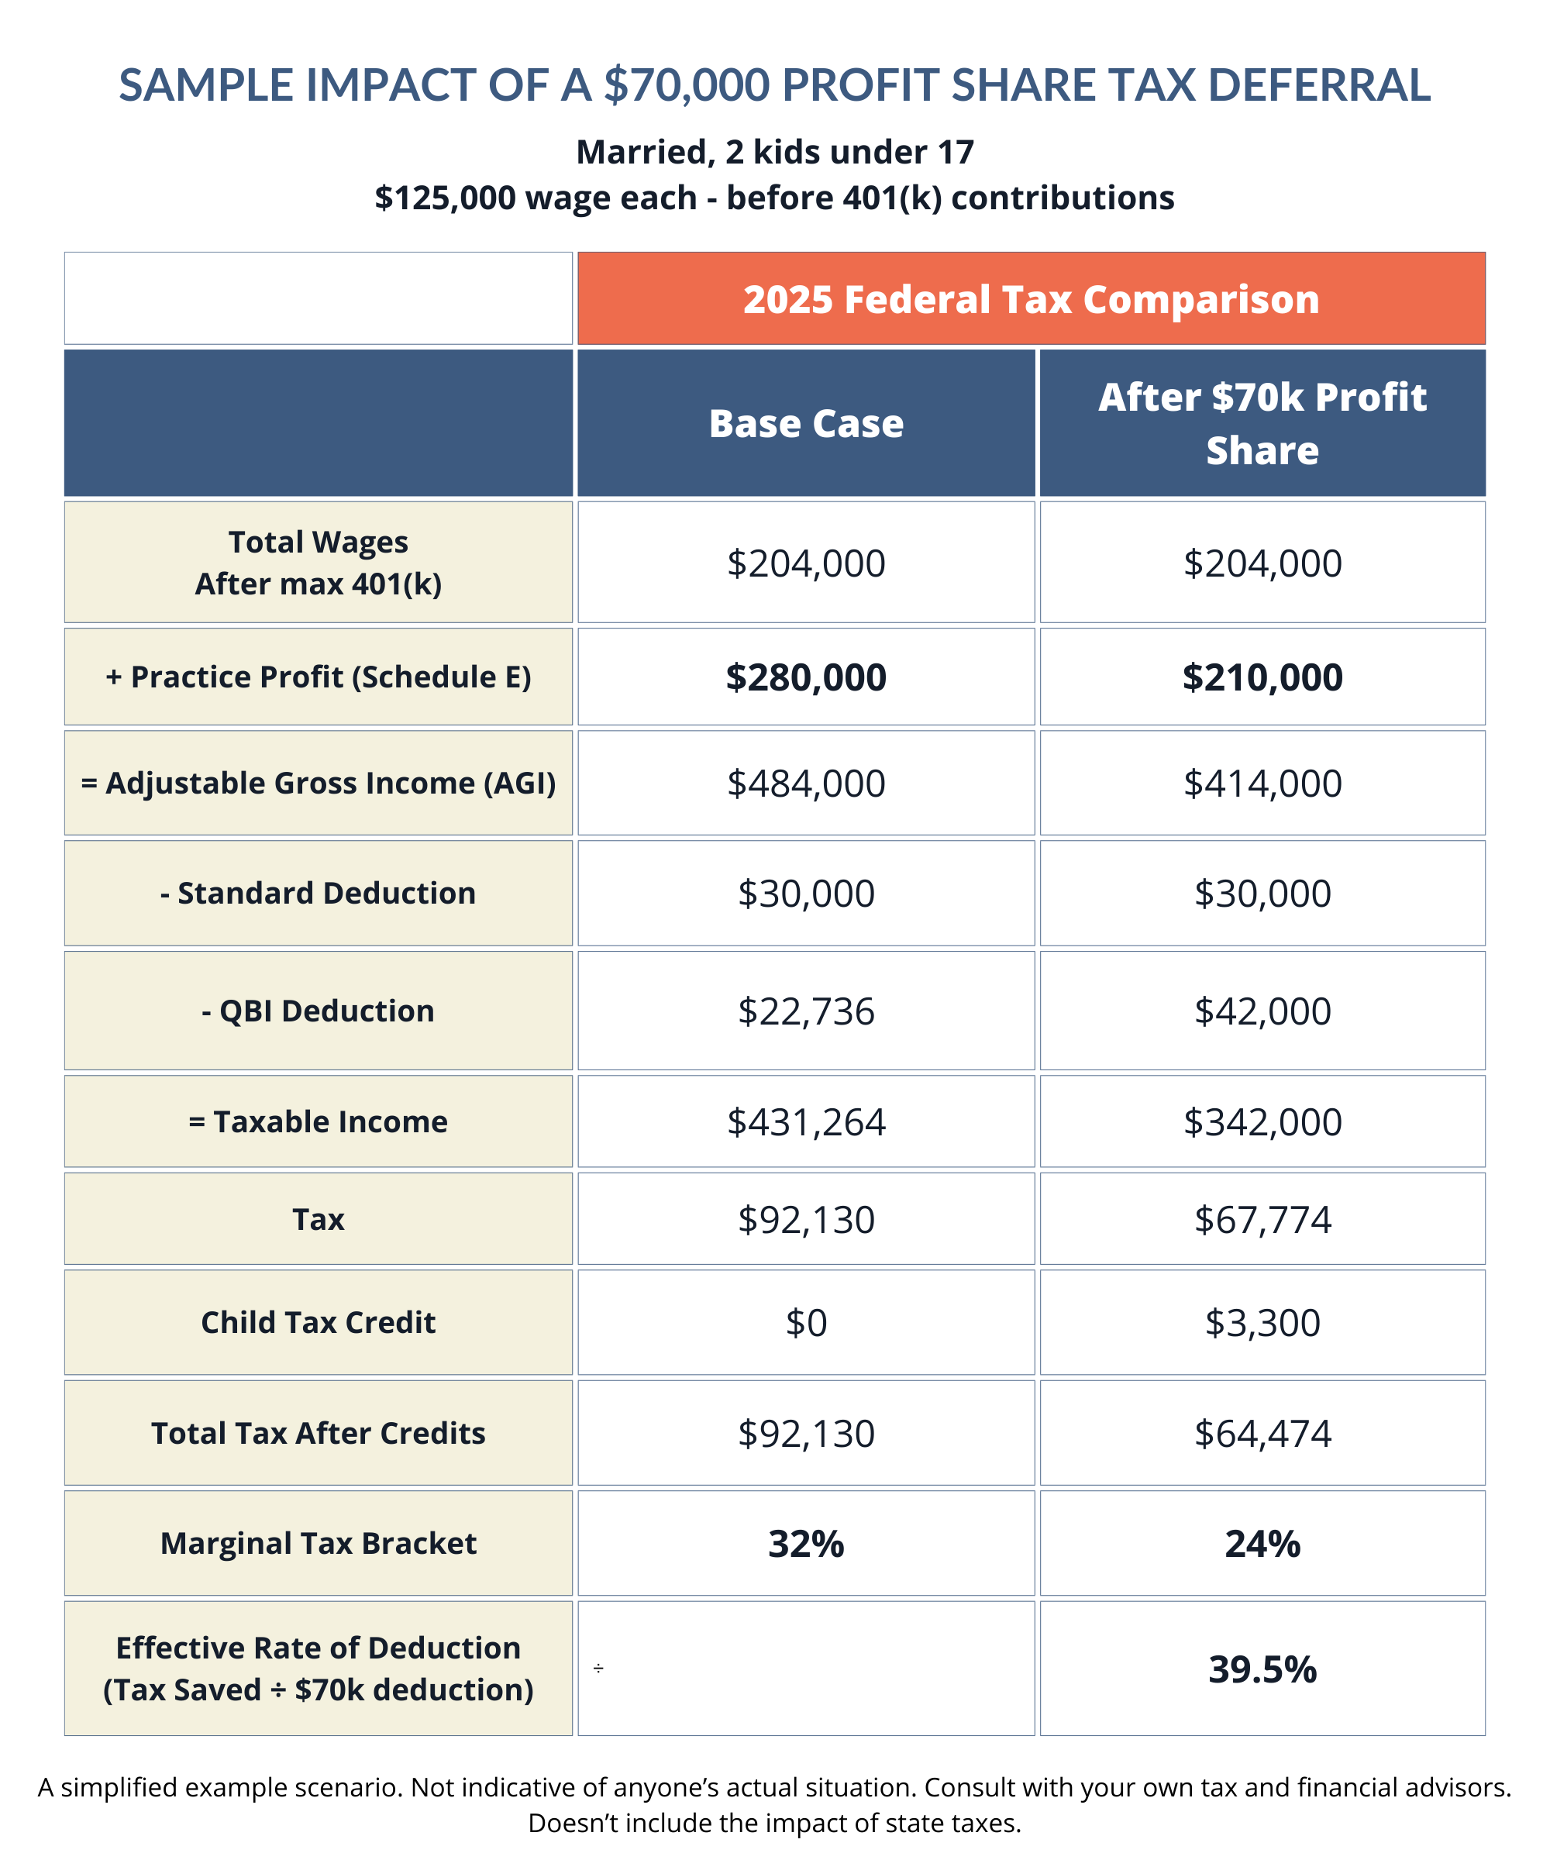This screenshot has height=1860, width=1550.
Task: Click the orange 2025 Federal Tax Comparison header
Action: click(1031, 298)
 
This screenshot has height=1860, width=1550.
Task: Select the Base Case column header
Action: click(806, 423)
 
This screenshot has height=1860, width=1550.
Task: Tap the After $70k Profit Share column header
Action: click(1262, 423)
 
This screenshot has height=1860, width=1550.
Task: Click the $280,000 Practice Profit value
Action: click(806, 677)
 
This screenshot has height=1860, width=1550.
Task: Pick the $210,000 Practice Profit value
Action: click(1262, 677)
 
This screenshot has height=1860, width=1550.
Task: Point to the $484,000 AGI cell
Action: click(806, 783)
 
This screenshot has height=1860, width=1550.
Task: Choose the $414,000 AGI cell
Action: click(1262, 783)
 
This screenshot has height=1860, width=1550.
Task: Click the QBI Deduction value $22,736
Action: click(806, 1011)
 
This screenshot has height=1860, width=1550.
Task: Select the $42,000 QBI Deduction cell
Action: click(1262, 1011)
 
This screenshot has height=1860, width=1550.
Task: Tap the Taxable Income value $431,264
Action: click(806, 1121)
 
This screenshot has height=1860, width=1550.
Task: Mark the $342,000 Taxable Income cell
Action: click(1262, 1121)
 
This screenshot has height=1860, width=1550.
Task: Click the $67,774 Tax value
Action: click(1262, 1220)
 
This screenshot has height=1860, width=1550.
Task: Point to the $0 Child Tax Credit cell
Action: click(806, 1322)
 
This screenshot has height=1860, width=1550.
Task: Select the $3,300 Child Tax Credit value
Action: click(1262, 1322)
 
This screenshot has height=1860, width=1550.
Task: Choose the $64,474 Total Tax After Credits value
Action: click(1262, 1433)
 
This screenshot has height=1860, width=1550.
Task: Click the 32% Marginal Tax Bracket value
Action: click(806, 1544)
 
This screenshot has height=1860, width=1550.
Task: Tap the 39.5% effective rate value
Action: click(1262, 1669)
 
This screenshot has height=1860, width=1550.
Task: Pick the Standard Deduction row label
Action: click(318, 893)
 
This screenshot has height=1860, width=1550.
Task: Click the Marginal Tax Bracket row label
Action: click(318, 1543)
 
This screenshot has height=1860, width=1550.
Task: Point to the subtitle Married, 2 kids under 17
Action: click(775, 153)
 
